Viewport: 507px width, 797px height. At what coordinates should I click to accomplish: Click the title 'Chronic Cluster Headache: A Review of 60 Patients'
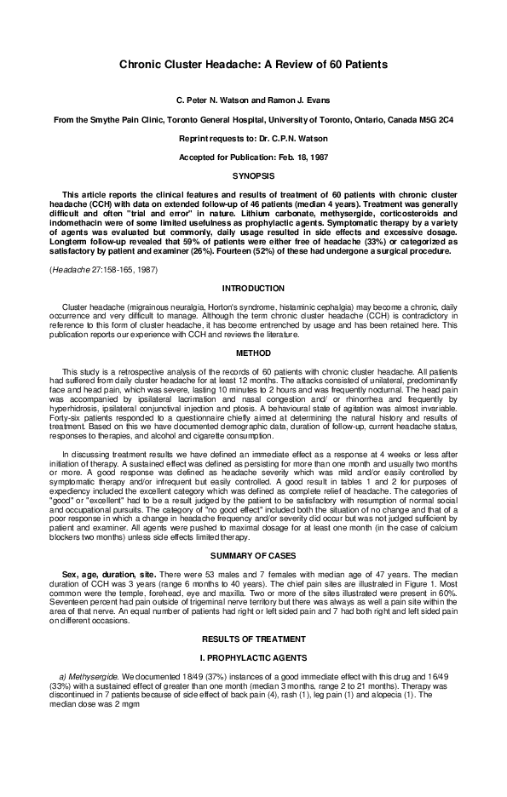[x=253, y=65]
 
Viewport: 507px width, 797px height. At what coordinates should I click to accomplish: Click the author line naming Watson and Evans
[x=253, y=100]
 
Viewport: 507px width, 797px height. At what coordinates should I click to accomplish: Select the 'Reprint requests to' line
[x=253, y=138]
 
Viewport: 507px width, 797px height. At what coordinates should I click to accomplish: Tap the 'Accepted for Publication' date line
[x=253, y=157]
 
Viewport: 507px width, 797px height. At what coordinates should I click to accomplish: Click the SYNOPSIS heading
[x=253, y=175]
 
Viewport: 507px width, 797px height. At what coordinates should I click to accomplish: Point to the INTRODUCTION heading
[x=253, y=290]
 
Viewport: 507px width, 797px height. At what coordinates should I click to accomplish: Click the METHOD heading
[x=253, y=352]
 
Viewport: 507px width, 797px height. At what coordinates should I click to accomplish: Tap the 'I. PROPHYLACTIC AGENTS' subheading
[x=253, y=633]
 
